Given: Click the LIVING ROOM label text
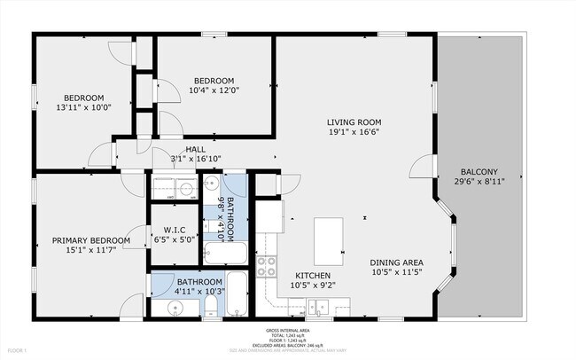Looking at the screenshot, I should pyautogui.click(x=354, y=122).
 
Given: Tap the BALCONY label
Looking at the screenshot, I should pyautogui.click(x=479, y=172).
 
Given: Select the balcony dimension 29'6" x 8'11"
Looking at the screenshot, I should pyautogui.click(x=479, y=183).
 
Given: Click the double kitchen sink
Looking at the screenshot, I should pyautogui.click(x=320, y=308).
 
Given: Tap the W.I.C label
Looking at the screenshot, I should pyautogui.click(x=173, y=228).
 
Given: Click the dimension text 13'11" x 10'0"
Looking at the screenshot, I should pyautogui.click(x=83, y=108).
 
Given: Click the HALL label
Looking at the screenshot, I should pyautogui.click(x=196, y=149).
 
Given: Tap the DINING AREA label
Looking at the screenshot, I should pyautogui.click(x=396, y=262).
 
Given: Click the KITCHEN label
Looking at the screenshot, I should pyautogui.click(x=312, y=276).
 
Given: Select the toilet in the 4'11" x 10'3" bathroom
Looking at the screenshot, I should pyautogui.click(x=211, y=307).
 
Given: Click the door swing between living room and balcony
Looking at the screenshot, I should pyautogui.click(x=427, y=172).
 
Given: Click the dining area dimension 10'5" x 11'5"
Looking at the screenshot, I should pyautogui.click(x=396, y=273).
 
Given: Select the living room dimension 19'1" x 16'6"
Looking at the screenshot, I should pyautogui.click(x=354, y=133).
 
